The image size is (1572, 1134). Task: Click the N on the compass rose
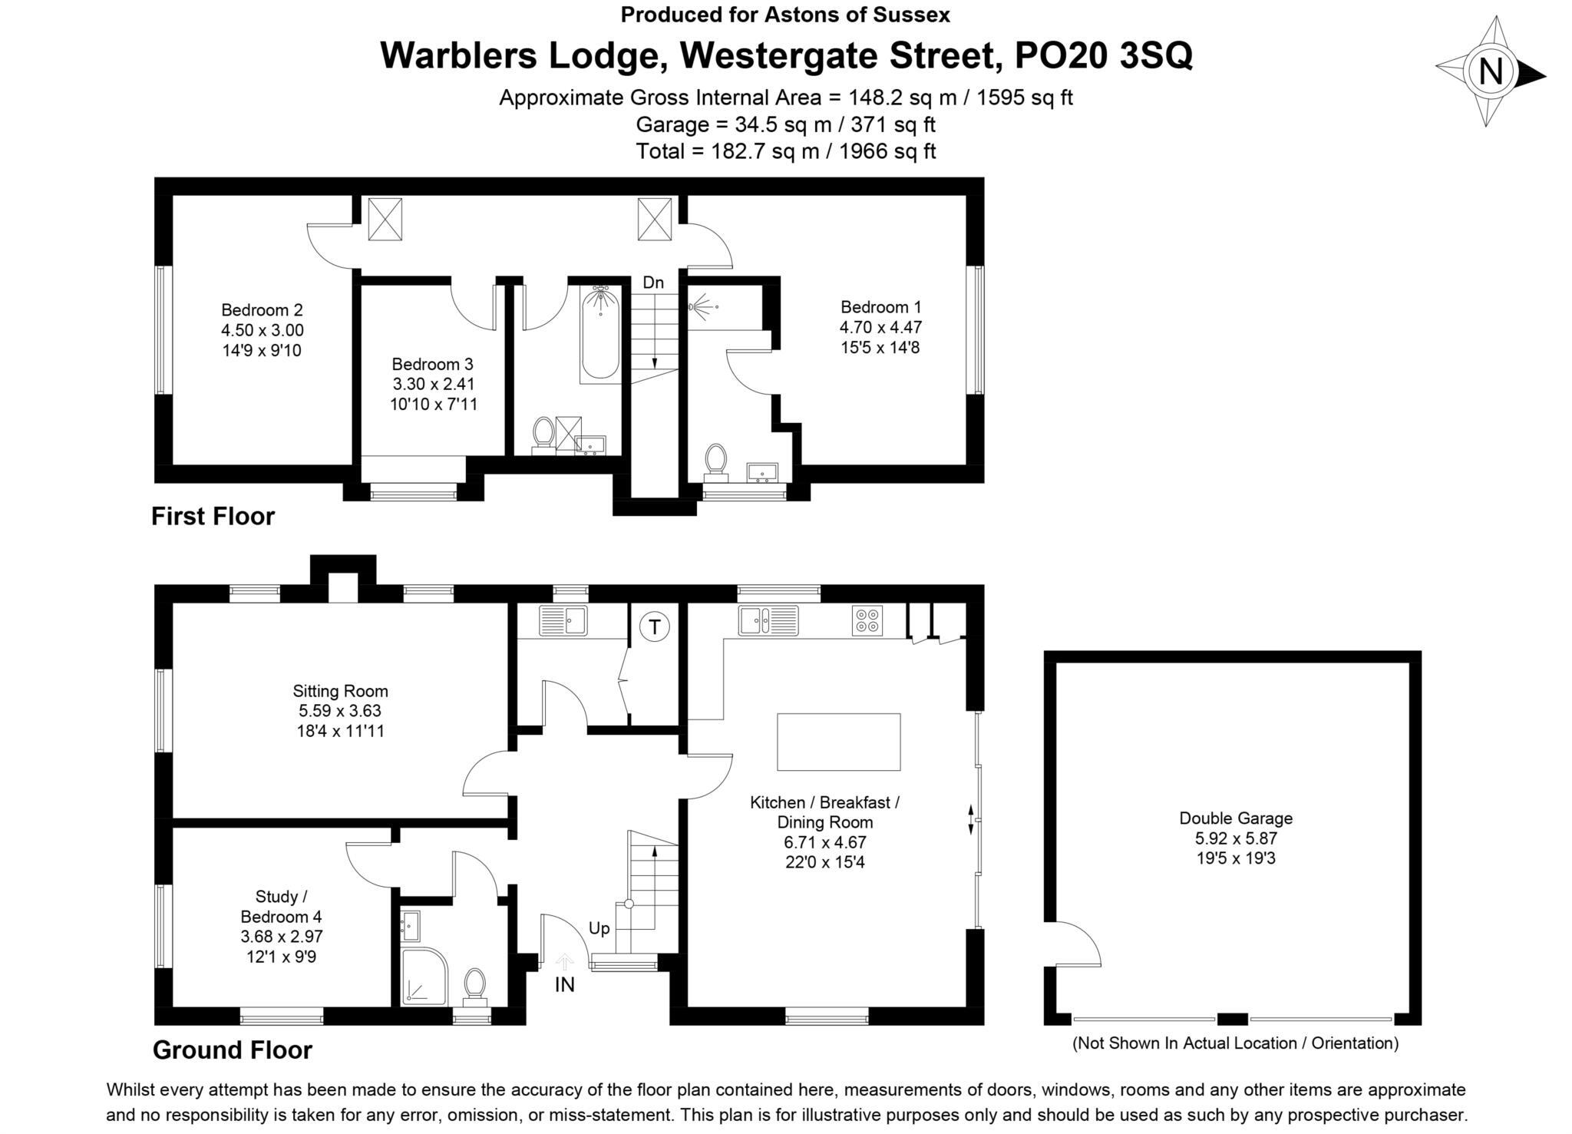click(1490, 72)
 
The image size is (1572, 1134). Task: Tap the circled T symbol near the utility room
click(654, 627)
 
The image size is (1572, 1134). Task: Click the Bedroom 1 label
click(880, 307)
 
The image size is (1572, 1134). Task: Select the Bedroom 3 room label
click(432, 364)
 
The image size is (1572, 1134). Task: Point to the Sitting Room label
click(340, 691)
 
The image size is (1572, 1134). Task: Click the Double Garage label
click(1235, 818)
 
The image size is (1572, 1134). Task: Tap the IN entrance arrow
click(565, 962)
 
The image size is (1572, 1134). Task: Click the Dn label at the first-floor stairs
click(653, 283)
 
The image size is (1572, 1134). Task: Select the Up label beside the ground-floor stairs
click(599, 928)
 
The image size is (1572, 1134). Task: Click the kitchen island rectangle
click(838, 742)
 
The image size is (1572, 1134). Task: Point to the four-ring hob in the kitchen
click(867, 620)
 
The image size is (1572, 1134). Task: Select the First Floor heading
click(213, 516)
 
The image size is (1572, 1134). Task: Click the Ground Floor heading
click(232, 1050)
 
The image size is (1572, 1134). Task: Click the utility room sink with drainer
click(562, 620)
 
